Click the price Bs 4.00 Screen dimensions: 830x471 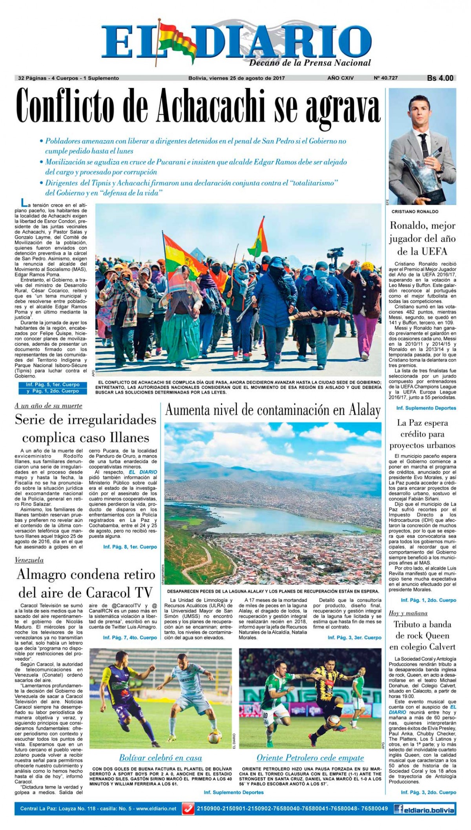440,78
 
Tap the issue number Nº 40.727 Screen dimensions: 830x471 385,78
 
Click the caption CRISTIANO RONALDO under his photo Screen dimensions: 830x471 415,212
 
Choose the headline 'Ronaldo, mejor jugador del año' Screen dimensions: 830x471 422,238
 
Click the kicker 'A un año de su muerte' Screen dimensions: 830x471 48,406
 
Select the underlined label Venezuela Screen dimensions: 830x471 29,560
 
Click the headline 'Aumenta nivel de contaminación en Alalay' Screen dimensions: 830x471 273,410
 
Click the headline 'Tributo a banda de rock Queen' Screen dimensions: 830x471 422,636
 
